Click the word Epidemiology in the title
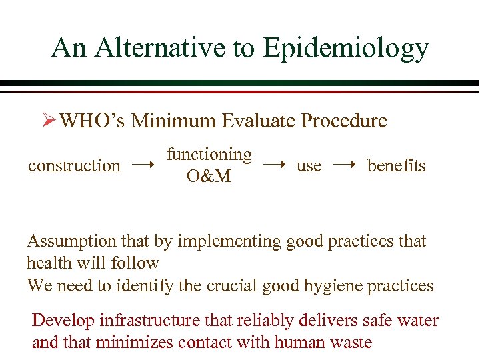tap(345, 49)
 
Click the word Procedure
tap(344, 121)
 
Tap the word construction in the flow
tap(74, 165)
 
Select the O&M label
tap(209, 177)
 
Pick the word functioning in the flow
tap(209, 155)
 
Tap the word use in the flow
tap(309, 165)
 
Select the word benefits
tap(396, 165)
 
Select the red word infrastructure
tap(151, 321)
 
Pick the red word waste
tap(348, 343)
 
